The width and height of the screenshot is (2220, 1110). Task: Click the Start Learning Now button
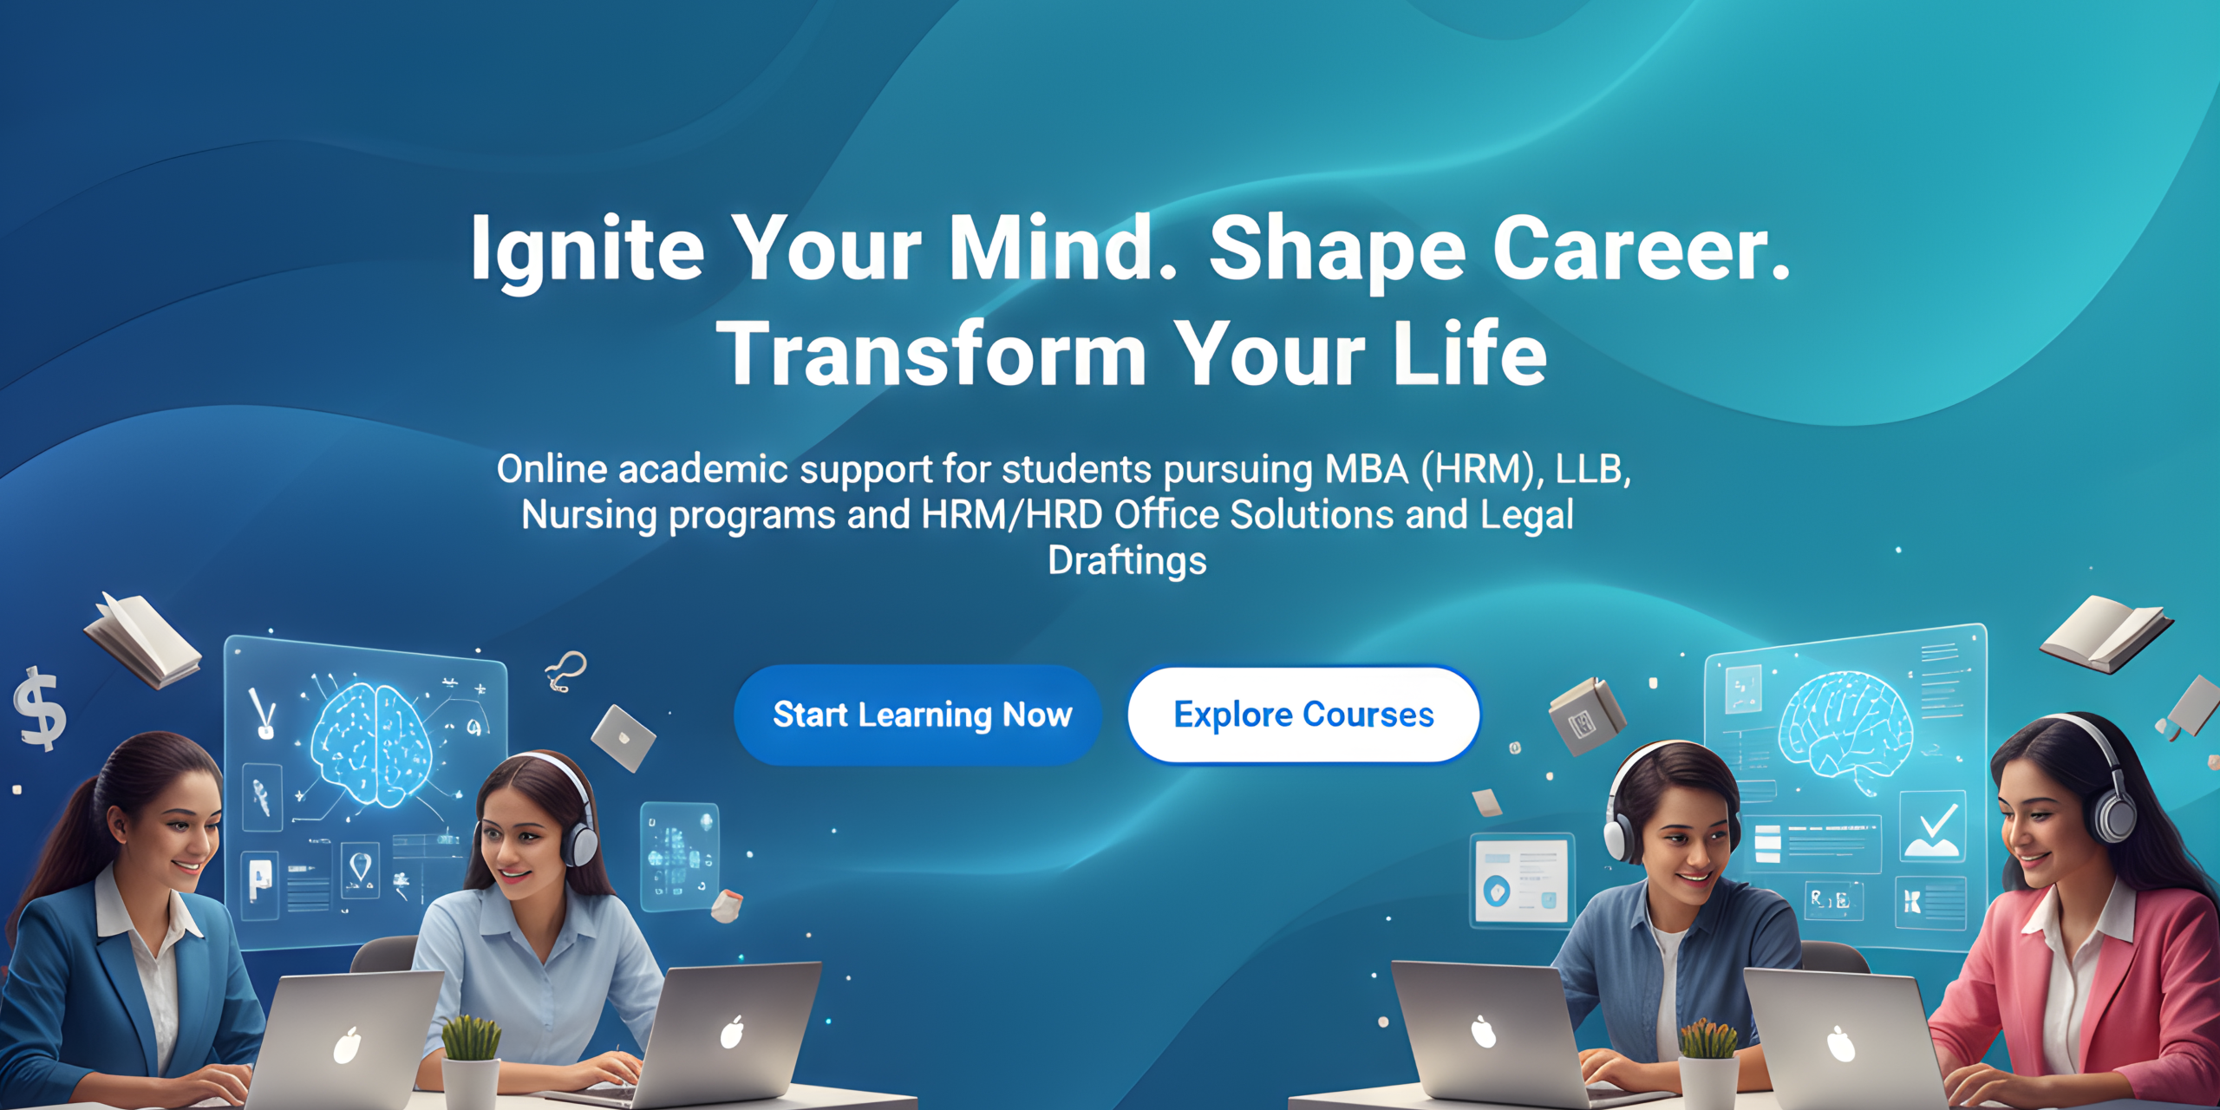tap(919, 715)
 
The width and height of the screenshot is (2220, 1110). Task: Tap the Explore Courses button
tap(1303, 715)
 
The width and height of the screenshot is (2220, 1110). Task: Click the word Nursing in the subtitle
tap(590, 516)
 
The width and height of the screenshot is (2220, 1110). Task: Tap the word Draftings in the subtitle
tap(1127, 561)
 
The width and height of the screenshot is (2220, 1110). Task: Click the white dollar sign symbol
tap(40, 709)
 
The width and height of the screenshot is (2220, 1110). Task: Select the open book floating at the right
tap(2106, 633)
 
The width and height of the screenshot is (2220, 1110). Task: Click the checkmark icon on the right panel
tap(1931, 826)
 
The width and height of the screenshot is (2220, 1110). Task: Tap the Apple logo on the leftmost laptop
tap(348, 1045)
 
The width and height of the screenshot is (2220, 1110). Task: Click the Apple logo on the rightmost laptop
tap(1841, 1044)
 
